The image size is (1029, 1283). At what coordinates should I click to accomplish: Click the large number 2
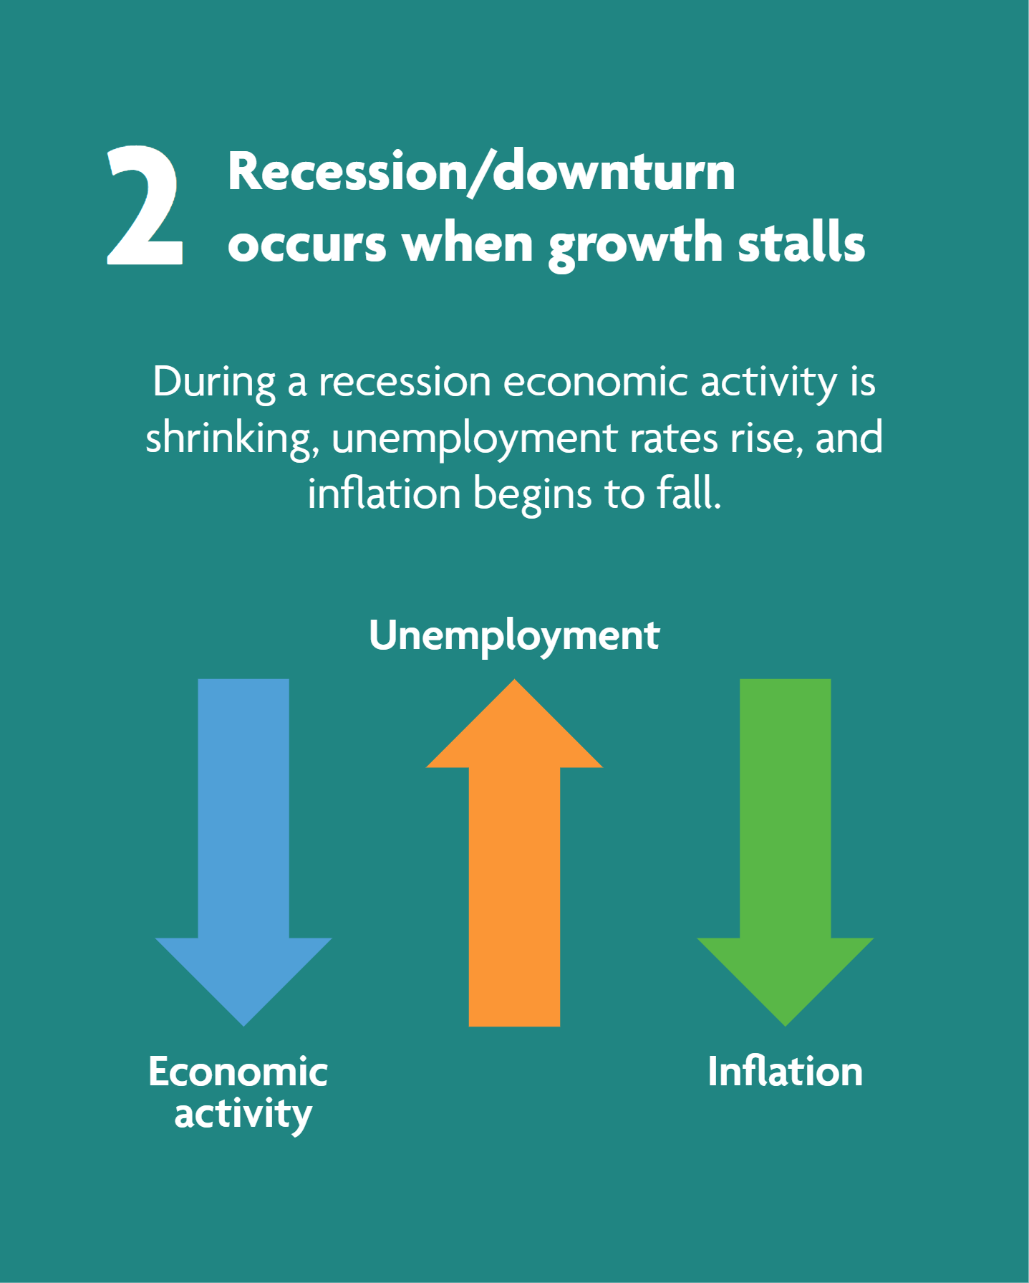pos(145,205)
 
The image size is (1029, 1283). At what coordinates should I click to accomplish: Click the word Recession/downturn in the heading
pos(481,173)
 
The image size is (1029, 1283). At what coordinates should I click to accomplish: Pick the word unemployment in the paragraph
pos(473,439)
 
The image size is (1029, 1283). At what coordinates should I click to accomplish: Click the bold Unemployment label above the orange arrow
pos(514,636)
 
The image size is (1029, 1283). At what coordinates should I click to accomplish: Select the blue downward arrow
pos(243,852)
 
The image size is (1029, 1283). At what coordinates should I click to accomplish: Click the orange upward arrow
pos(514,852)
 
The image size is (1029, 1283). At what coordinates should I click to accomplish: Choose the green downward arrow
pos(786,852)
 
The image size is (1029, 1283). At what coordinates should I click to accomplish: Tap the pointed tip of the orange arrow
pos(514,679)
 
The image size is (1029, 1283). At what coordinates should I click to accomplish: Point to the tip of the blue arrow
pos(243,1026)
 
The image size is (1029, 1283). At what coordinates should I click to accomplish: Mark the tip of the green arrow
pos(786,1026)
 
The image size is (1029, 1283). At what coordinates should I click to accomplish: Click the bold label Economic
pos(238,1072)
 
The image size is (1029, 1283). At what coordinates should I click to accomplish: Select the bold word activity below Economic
pos(243,1115)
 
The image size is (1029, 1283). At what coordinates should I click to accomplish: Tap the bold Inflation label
pos(786,1072)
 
